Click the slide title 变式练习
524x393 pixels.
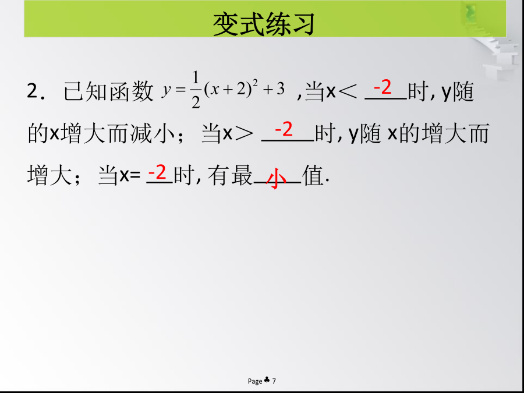[264, 24]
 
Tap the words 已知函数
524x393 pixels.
[108, 91]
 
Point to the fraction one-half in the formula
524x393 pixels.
[196, 90]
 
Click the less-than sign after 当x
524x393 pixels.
[348, 91]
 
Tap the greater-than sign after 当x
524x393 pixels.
[243, 134]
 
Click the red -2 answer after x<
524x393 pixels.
[383, 87]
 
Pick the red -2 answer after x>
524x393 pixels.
[284, 129]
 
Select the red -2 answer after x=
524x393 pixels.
[157, 173]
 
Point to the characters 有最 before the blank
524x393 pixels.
[230, 175]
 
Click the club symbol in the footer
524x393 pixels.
[267, 380]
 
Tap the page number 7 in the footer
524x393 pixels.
[274, 381]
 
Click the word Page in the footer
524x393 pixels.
[255, 381]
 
